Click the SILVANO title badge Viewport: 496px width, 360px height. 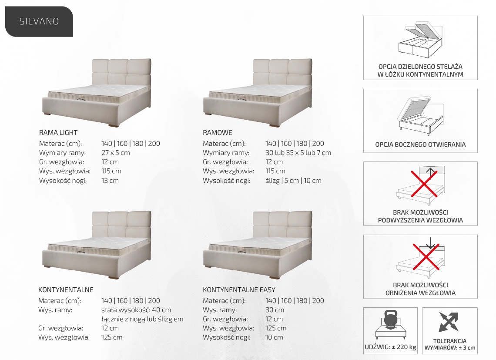click(39, 21)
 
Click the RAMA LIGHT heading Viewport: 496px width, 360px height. click(58, 133)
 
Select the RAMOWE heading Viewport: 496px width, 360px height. click(217, 133)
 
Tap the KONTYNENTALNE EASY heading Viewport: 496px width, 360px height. click(239, 290)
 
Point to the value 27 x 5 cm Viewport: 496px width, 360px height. click(115, 153)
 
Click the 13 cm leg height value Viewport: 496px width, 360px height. click(110, 181)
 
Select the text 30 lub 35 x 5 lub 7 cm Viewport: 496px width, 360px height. click(298, 153)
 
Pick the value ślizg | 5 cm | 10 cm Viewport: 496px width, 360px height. click(293, 181)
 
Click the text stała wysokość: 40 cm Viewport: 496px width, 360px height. click(136, 310)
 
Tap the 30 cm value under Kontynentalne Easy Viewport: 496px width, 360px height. click(275, 310)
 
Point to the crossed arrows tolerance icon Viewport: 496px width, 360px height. click(449, 322)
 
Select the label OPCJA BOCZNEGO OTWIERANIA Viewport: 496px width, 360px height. click(420, 145)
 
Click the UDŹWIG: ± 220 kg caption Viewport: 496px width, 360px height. click(390, 347)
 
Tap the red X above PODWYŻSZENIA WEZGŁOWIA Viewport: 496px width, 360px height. click(424, 184)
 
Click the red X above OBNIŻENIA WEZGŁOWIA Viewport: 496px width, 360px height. click(426, 256)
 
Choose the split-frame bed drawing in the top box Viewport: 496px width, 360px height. click(420, 40)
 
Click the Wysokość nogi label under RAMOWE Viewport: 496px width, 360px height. click(227, 181)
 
